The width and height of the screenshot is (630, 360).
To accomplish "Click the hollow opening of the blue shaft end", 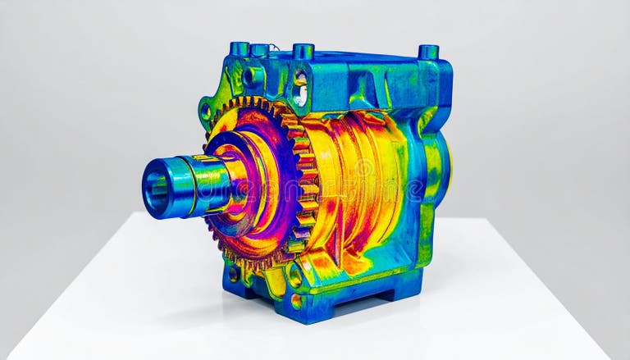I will point(156,188).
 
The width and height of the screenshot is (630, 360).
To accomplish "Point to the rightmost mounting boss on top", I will point(428,52).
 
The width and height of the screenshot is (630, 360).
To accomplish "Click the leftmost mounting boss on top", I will point(240,48).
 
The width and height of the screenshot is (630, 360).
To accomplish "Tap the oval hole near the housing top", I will point(300,89).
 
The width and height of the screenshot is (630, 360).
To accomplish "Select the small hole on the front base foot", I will point(296,300).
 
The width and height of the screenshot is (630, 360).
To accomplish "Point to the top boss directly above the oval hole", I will point(303,51).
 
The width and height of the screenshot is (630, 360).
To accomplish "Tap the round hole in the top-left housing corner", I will point(249,77).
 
